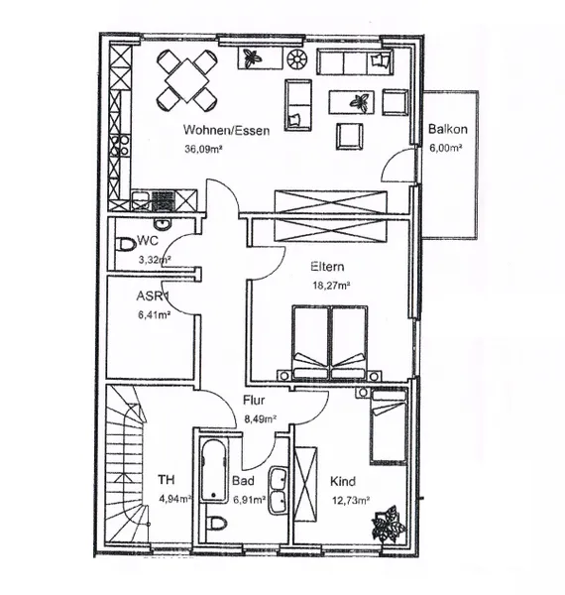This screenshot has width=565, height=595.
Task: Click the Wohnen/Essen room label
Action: coord(226,130)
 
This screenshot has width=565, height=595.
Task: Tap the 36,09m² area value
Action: coord(203,149)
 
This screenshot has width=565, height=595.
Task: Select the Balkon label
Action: coord(447,129)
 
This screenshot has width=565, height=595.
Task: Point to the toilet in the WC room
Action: coord(125,244)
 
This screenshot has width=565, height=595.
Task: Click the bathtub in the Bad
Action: coord(215,470)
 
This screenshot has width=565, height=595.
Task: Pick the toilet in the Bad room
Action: coord(217,523)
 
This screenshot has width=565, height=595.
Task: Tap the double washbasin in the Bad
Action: coord(278,491)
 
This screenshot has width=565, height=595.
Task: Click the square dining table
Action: coord(187,80)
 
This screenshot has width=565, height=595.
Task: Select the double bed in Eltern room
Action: coord(329,342)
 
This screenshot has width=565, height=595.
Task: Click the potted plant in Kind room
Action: coord(389,524)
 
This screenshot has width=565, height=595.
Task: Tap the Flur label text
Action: coord(254,400)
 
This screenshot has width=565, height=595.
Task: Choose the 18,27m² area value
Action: coord(331,286)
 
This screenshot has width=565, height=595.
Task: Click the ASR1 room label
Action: coord(152,296)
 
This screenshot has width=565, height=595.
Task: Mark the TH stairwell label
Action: coord(167,480)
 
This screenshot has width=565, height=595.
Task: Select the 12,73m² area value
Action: coord(351,501)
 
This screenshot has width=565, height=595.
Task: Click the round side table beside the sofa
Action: coord(297,59)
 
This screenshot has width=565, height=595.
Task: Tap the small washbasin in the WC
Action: coord(164,223)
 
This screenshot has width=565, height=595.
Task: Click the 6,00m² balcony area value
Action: coord(445,148)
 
